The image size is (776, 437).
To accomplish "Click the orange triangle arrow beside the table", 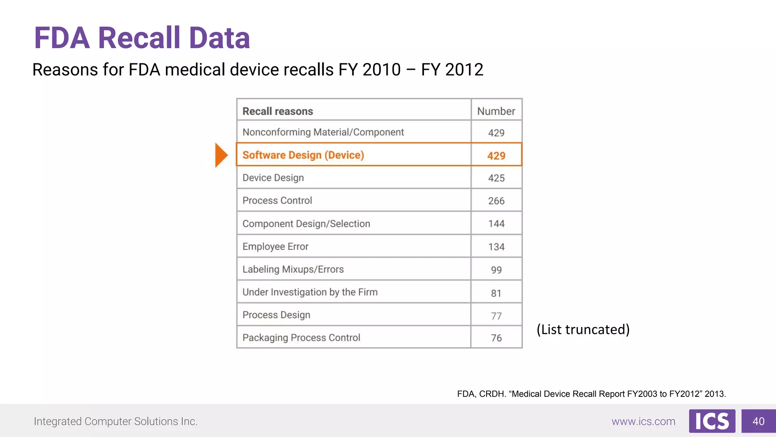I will (x=221, y=155).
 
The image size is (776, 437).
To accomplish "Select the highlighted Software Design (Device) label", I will (x=303, y=155).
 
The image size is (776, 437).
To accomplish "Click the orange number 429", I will (x=496, y=156).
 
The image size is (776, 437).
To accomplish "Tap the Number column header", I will (x=496, y=111).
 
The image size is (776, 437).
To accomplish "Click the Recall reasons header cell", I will (x=278, y=111).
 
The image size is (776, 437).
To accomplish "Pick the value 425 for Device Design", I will (x=496, y=178).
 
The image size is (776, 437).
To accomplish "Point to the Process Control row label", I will (x=277, y=200).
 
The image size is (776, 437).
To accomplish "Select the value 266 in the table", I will (x=496, y=201).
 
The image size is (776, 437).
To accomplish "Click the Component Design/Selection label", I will (x=306, y=223).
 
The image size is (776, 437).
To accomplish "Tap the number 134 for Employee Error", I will (x=496, y=247).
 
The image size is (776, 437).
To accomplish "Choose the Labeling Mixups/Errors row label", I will (x=293, y=269).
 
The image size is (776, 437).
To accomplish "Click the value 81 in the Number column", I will (x=496, y=293).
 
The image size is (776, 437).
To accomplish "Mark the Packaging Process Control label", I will (x=301, y=337).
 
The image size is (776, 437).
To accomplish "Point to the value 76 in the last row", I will (x=496, y=338).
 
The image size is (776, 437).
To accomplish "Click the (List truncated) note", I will (x=583, y=329).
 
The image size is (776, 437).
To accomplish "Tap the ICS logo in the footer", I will (x=712, y=421).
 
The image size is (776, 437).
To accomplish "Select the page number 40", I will (x=758, y=421).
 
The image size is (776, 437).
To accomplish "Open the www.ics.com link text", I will (x=643, y=421).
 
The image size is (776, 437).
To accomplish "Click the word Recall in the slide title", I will (x=139, y=38).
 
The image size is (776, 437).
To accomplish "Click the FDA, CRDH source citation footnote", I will (x=591, y=394).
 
